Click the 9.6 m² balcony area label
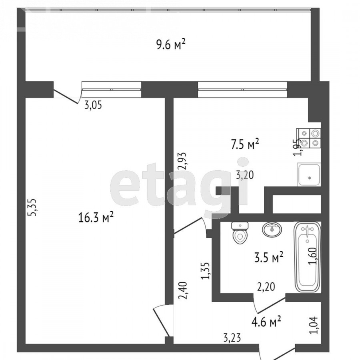(x=170, y=44)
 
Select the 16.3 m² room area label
(x=96, y=217)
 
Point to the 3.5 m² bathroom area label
(x=269, y=258)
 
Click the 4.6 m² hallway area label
(x=266, y=322)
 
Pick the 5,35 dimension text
(x=32, y=207)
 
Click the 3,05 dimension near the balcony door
(x=93, y=105)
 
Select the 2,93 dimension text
(x=183, y=161)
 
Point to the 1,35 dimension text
(x=205, y=271)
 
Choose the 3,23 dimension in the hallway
(x=232, y=338)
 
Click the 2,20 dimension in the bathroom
(x=266, y=287)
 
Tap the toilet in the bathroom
(x=240, y=232)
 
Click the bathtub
(x=307, y=257)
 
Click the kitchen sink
(x=309, y=174)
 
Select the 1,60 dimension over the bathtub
(x=313, y=256)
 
